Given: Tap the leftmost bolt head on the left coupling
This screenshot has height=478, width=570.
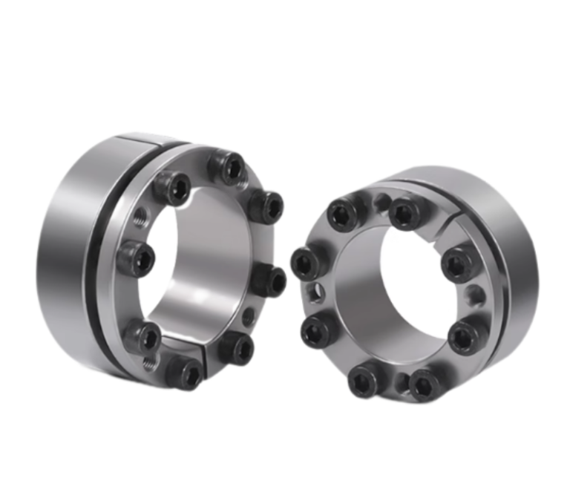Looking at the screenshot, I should pos(136,258).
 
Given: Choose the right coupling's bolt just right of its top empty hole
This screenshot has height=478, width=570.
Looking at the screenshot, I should pos(405,213).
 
